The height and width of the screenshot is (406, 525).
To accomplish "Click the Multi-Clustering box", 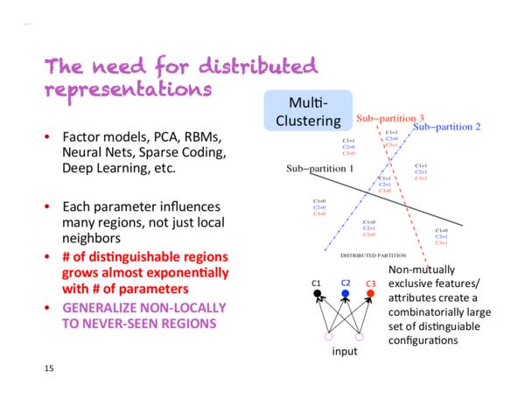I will coord(307,110).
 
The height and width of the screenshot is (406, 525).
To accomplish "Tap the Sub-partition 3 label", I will coord(391,117).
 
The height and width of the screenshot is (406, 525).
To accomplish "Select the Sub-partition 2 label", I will coord(446,128).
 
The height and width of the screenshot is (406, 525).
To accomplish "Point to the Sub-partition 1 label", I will coord(319,166).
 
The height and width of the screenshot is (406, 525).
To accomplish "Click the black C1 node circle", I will coord(317,294).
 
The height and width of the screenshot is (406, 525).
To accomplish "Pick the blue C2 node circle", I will coord(345,293).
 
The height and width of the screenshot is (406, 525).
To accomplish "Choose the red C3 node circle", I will coord(370,293).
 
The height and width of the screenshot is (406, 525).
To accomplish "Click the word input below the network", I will coord(344,351).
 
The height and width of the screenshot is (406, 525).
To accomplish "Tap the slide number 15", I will coord(49,368).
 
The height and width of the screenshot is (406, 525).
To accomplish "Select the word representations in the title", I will coord(129,89).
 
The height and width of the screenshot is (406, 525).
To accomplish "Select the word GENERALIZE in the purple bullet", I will coord(101,307).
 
